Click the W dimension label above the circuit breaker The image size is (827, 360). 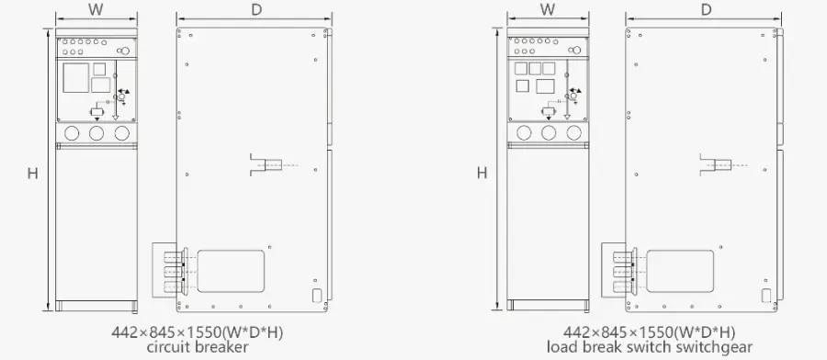[x=96, y=10]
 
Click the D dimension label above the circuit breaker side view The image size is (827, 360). [x=256, y=10]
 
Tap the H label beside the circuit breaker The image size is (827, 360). [x=33, y=173]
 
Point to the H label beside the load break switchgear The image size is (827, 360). [x=482, y=173]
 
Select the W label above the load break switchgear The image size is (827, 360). [x=548, y=9]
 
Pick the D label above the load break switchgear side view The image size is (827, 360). [x=707, y=9]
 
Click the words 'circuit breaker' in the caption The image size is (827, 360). [x=198, y=347]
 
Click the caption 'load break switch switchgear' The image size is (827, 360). [x=650, y=347]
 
